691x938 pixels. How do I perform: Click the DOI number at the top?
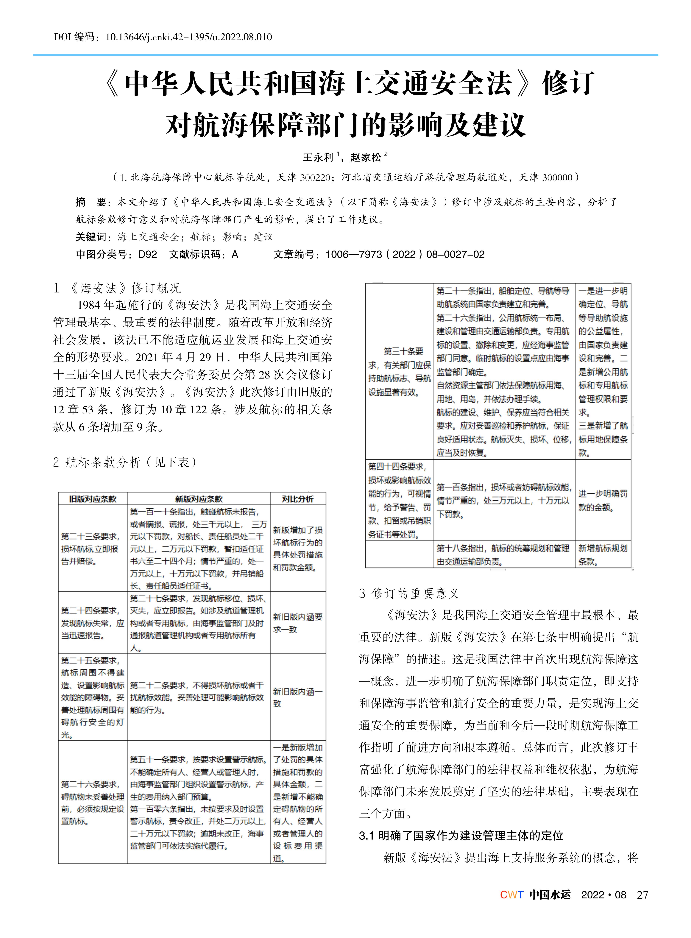pyautogui.click(x=188, y=37)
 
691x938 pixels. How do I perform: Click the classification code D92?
pyautogui.click(x=147, y=254)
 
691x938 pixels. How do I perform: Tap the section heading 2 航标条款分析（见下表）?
pyautogui.click(x=125, y=462)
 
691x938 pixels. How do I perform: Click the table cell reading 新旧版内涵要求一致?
pyautogui.click(x=297, y=623)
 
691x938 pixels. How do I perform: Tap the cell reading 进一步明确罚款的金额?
pyautogui.click(x=603, y=500)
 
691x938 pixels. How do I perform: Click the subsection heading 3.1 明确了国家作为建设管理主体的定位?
pyautogui.click(x=461, y=836)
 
